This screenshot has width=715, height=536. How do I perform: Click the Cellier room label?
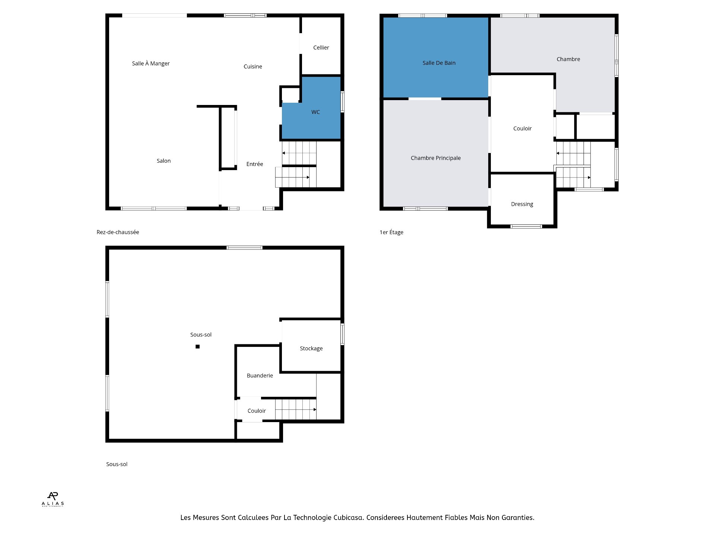(321, 48)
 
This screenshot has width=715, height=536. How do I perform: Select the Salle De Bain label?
(439, 63)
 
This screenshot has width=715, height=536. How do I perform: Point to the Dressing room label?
(522, 204)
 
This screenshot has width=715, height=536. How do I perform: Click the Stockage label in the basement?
(311, 348)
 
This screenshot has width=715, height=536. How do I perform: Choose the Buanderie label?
(260, 376)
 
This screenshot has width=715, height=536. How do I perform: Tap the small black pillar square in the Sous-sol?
(198, 347)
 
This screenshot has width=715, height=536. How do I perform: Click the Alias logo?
(53, 499)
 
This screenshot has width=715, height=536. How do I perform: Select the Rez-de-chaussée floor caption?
(118, 232)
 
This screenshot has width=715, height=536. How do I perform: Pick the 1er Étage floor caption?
(391, 232)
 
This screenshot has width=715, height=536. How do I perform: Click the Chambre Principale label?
(435, 158)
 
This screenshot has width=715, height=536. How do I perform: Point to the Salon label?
(163, 161)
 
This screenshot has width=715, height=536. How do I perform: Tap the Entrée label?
(254, 164)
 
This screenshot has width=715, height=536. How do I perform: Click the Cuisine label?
(252, 67)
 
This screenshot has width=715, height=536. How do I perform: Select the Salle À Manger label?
(150, 64)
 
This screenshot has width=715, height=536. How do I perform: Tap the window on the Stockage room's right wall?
(342, 334)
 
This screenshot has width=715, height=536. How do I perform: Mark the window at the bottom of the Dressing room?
(526, 226)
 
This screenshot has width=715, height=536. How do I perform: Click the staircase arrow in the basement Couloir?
(296, 409)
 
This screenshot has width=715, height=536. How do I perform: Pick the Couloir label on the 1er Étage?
(522, 128)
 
